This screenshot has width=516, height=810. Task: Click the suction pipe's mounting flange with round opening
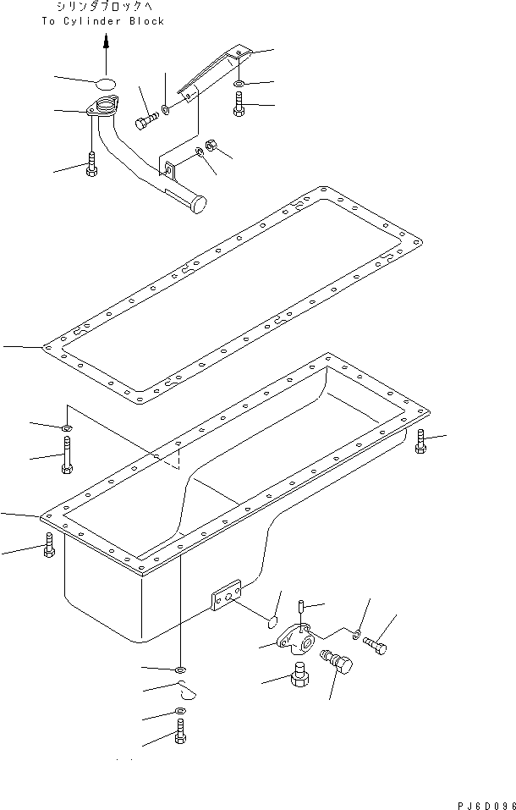pyautogui.click(x=104, y=108)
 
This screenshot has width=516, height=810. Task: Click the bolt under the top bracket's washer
pyautogui.click(x=239, y=106)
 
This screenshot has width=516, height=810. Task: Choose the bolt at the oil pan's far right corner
pyautogui.click(x=422, y=441)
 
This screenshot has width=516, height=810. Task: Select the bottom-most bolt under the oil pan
pyautogui.click(x=179, y=734)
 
